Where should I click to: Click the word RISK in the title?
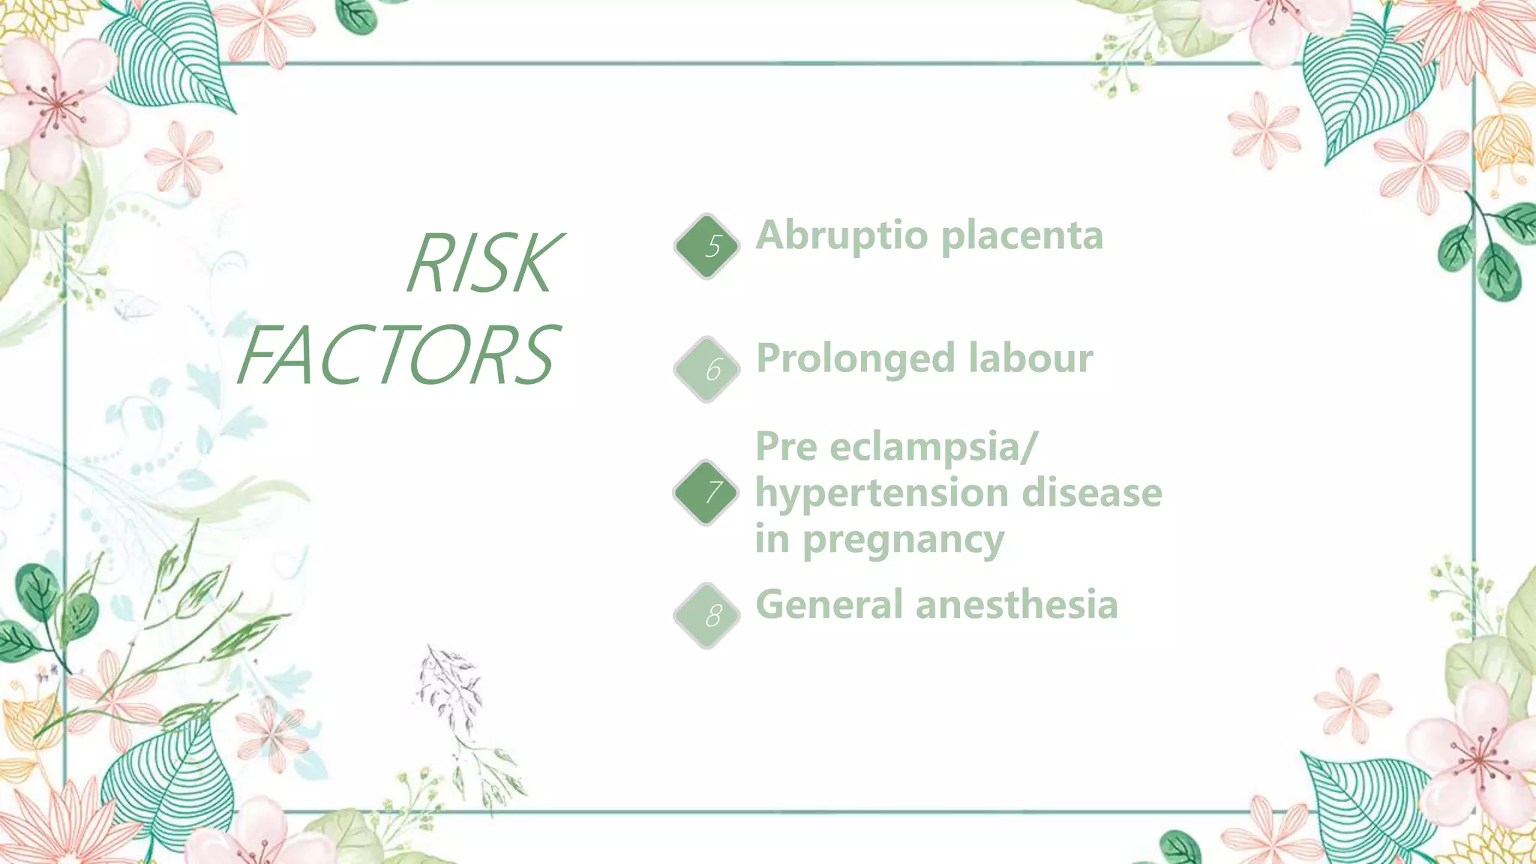pos(484,263)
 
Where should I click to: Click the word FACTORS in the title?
pos(397,355)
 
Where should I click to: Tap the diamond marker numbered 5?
pos(706,246)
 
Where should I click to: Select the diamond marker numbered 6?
pos(706,369)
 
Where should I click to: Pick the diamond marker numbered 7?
pos(706,492)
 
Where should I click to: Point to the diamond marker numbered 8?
pos(706,616)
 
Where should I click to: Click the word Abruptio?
pos(841,236)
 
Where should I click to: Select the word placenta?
pos(1021,236)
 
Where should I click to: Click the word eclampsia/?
pos(934,448)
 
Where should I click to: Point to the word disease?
pos(1092,493)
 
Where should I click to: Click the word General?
pos(829,604)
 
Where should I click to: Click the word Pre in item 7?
pos(785,447)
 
